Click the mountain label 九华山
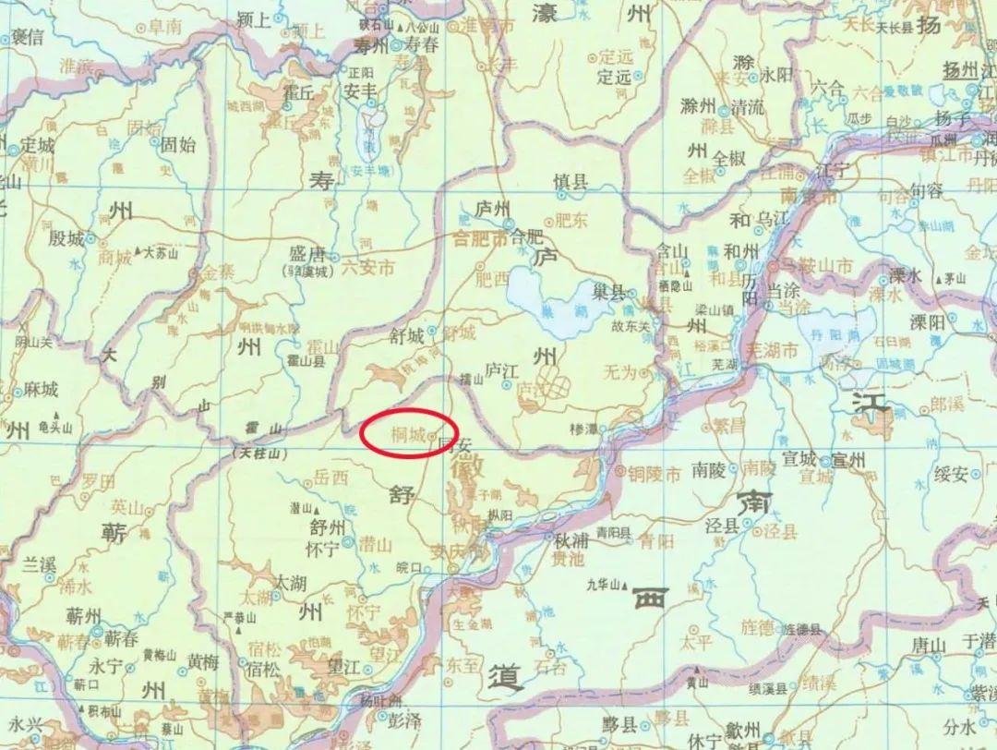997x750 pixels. pos(607,584)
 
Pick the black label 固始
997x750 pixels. pos(178,144)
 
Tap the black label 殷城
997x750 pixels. pos(66,238)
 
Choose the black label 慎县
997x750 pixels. pos(571,182)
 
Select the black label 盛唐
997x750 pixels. pos(307,254)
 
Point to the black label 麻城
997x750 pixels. pos(41,389)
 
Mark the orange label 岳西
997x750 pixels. pos(331,478)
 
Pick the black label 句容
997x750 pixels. pos(925,191)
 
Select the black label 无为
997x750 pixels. pos(619,373)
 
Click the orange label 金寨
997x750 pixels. pos(219,274)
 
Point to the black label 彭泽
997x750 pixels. pos(404,719)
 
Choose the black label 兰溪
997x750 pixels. pos(40,564)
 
